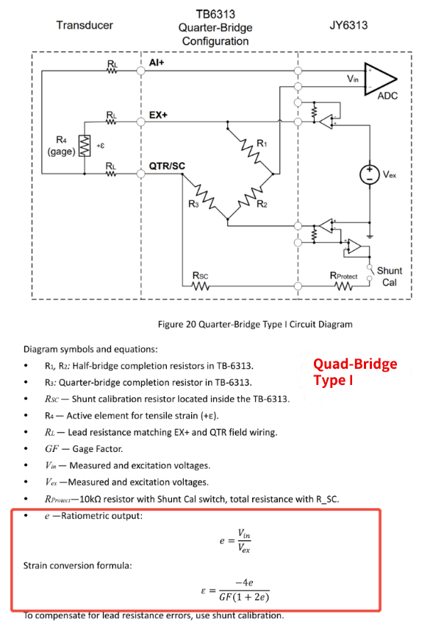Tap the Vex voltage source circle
pyautogui.click(x=370, y=174)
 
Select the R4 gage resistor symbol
pyautogui.click(x=85, y=146)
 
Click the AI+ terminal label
pyautogui.click(x=157, y=63)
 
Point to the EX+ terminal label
pyautogui.click(x=158, y=115)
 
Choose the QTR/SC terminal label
pyautogui.click(x=167, y=166)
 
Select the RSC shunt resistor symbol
pyautogui.click(x=200, y=286)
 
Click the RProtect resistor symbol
pyautogui.click(x=343, y=286)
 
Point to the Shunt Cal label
pyautogui.click(x=390, y=276)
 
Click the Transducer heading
pyautogui.click(x=85, y=25)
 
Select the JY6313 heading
pyautogui.click(x=348, y=25)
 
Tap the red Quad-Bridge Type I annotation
pyautogui.click(x=355, y=372)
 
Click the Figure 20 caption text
pyautogui.click(x=255, y=324)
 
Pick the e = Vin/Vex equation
pyautogui.click(x=235, y=541)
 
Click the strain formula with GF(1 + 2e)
pyautogui.click(x=235, y=590)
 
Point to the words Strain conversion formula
pyautogui.click(x=78, y=565)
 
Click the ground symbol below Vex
pyautogui.click(x=370, y=236)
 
